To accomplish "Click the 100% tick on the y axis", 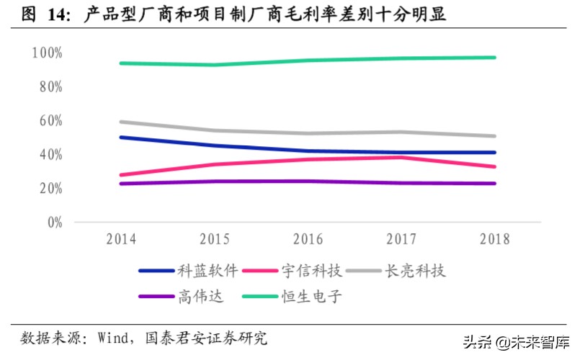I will coord(47,53).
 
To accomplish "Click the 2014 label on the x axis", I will coord(121,239).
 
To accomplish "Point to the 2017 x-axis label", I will coord(401,239).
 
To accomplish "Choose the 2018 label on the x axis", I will coord(494,239).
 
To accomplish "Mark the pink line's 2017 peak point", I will coord(401,157).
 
